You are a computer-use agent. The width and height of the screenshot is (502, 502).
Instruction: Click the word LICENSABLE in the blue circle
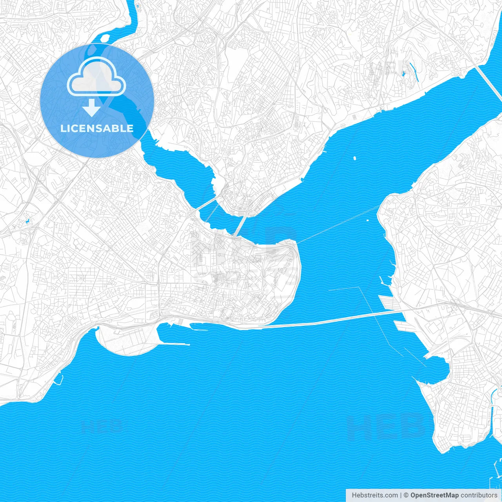[x=97, y=129]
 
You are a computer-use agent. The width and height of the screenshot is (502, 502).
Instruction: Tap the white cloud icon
[x=96, y=77]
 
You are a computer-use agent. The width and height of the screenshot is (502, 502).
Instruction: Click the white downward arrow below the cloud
[x=92, y=107]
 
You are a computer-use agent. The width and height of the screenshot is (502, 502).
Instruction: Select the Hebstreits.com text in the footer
[x=375, y=495]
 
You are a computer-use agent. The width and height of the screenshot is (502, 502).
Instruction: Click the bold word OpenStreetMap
[x=434, y=495]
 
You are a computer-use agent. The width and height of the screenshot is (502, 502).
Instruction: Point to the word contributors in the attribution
[x=478, y=495]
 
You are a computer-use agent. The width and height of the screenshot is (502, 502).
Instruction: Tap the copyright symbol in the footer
[x=406, y=495]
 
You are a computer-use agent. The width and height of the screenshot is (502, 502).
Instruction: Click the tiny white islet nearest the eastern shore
[x=367, y=220]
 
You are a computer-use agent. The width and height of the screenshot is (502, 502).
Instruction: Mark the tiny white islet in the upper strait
[x=355, y=158]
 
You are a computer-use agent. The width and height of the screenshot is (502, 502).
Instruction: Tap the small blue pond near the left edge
[x=27, y=222]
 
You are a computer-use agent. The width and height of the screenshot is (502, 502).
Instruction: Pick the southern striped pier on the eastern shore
[x=404, y=326]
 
